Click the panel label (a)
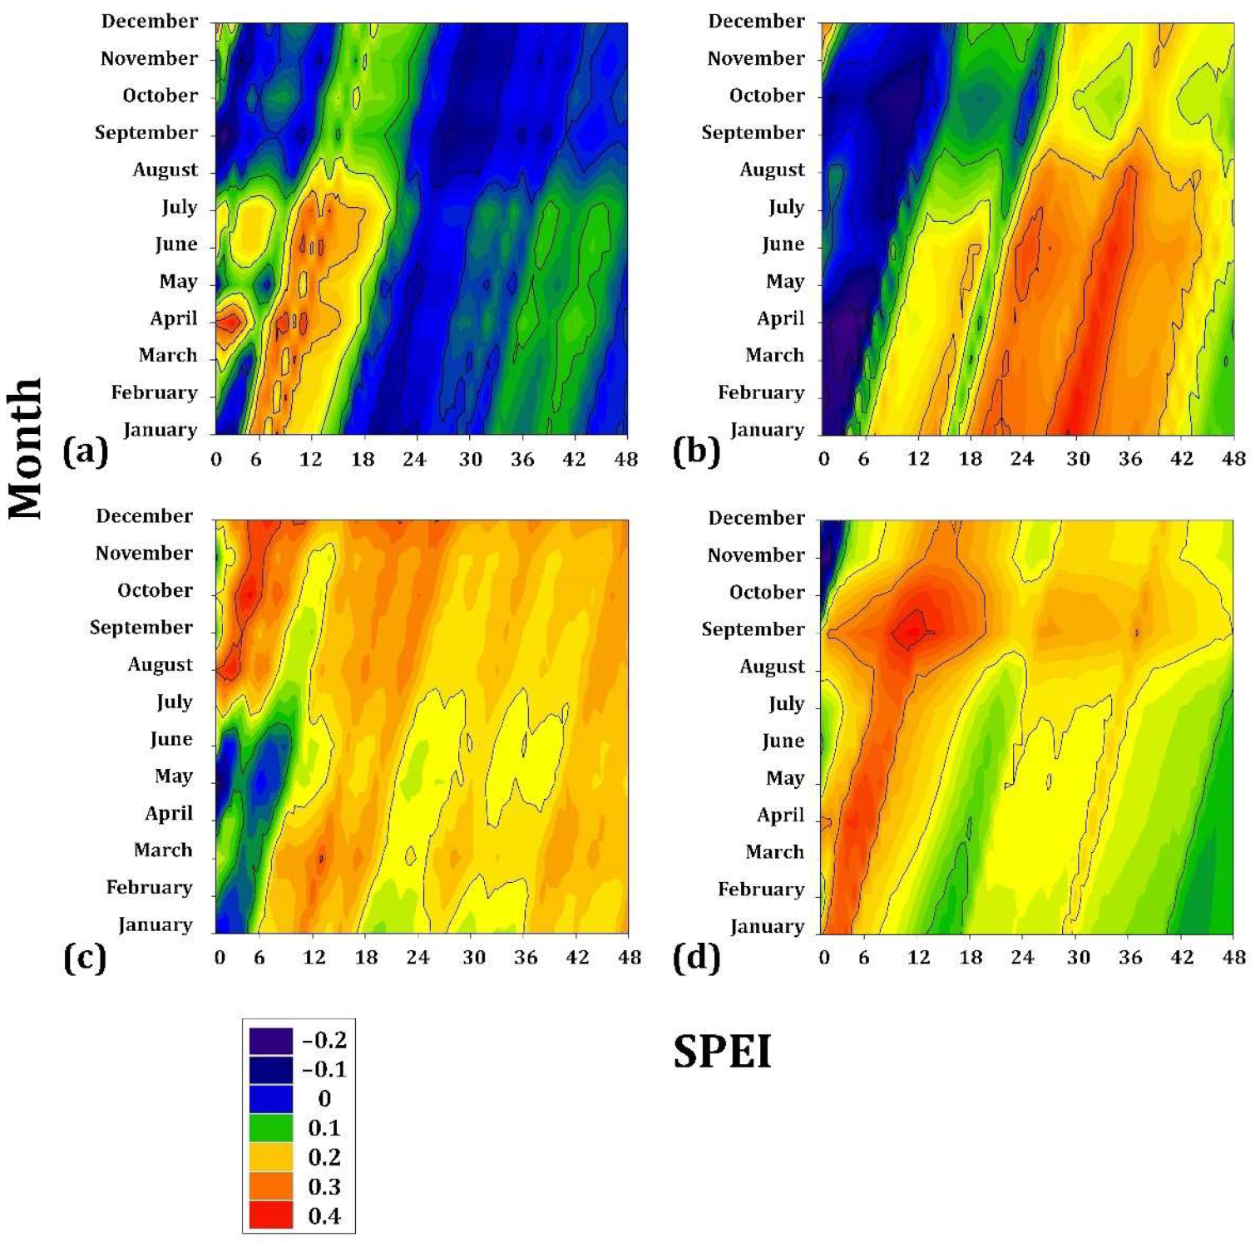pyautogui.click(x=86, y=452)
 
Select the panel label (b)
pyautogui.click(x=695, y=452)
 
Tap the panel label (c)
pyautogui.click(x=85, y=958)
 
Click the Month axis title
pyautogui.click(x=26, y=448)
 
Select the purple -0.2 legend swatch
pyautogui.click(x=271, y=1041)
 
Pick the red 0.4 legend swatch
pyautogui.click(x=271, y=1215)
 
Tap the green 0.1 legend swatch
pyautogui.click(x=271, y=1128)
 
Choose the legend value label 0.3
pyautogui.click(x=324, y=1186)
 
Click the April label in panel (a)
pyautogui.click(x=174, y=318)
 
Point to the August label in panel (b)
pyautogui.click(x=772, y=170)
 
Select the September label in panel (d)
pyautogui.click(x=753, y=629)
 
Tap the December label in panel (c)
pyautogui.click(x=144, y=516)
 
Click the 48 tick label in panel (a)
pyautogui.click(x=625, y=459)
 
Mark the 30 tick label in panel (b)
pyautogui.click(x=1078, y=459)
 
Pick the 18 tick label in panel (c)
pyautogui.click(x=366, y=958)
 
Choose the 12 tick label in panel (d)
pyautogui.click(x=918, y=958)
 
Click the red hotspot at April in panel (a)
pyautogui.click(x=230, y=321)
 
